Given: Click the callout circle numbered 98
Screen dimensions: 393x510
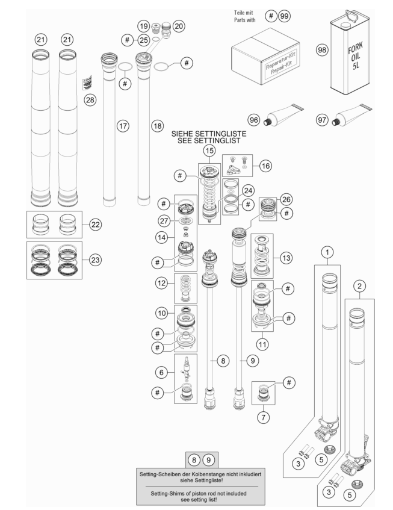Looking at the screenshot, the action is (x=322, y=50).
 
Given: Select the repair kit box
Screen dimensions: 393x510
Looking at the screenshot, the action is (x=265, y=56).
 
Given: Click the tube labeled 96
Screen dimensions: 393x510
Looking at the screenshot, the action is (x=283, y=115).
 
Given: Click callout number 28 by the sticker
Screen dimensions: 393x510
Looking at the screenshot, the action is (x=90, y=99).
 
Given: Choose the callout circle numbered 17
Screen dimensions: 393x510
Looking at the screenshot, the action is (x=123, y=126).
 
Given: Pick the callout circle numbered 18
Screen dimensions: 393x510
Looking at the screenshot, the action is (x=157, y=126).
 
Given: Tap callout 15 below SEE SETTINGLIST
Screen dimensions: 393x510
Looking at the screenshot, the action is (x=209, y=151).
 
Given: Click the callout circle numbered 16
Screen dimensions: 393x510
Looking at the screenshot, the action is (x=265, y=166).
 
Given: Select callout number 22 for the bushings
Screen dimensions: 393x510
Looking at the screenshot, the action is (x=95, y=225).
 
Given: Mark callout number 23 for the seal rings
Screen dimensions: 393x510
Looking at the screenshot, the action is (x=95, y=260).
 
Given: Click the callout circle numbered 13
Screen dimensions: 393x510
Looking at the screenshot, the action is (x=286, y=258).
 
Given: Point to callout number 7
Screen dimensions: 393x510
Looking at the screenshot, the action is (x=263, y=417).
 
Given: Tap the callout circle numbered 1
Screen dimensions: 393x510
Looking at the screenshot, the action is (x=327, y=252).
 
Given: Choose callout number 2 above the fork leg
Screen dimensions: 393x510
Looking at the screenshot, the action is (x=359, y=286).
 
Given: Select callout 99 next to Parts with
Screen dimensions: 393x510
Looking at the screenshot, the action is (x=285, y=16).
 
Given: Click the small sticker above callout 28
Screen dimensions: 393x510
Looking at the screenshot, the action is (x=87, y=83).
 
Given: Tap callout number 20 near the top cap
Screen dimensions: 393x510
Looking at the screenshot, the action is (x=179, y=26).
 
